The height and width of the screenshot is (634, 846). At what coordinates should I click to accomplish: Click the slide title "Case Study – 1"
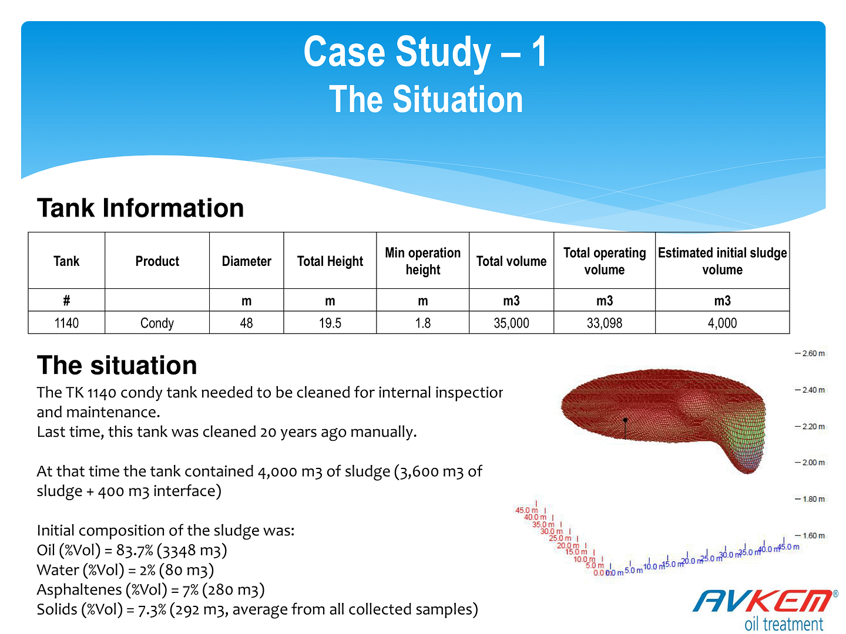click(x=425, y=52)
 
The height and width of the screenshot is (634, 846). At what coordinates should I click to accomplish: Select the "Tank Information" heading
click(x=140, y=208)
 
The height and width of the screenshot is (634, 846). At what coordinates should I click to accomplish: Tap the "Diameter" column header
click(x=246, y=261)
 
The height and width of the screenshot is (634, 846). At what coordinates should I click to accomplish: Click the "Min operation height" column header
click(x=422, y=261)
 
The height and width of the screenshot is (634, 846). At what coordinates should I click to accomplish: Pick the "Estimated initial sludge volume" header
click(x=722, y=261)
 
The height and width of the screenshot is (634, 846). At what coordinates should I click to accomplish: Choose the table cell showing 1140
click(x=66, y=323)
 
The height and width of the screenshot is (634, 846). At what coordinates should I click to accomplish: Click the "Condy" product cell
click(x=157, y=323)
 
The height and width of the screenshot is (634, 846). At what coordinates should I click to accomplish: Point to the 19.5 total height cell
click(x=330, y=323)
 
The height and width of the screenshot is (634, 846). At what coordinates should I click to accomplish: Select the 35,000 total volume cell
click(x=511, y=323)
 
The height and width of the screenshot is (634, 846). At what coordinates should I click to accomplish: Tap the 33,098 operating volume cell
click(x=604, y=323)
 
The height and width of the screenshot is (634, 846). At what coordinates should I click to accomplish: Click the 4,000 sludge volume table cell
click(x=722, y=323)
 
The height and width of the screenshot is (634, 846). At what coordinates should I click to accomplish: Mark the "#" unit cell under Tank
click(x=66, y=300)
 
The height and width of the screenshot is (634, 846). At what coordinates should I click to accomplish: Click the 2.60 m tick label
click(x=813, y=353)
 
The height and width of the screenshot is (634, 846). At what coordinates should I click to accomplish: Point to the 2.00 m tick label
click(x=813, y=463)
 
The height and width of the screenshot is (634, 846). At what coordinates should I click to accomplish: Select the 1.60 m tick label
click(x=813, y=535)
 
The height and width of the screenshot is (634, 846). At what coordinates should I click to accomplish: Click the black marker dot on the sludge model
click(x=625, y=420)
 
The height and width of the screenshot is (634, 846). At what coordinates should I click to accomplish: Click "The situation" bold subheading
click(x=117, y=365)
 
